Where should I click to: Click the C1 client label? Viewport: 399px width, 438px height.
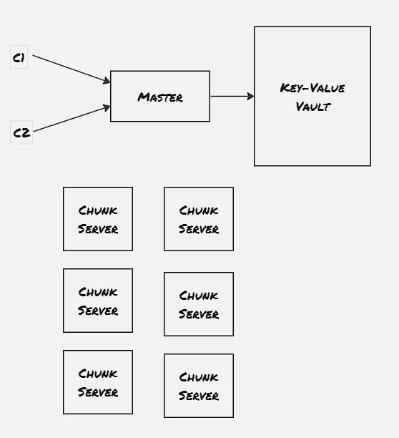[19, 57]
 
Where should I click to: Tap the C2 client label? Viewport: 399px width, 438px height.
[21, 132]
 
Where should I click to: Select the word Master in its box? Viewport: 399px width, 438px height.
[160, 97]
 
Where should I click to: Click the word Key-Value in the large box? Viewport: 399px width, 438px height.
[312, 88]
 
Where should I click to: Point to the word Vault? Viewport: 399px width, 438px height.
[313, 107]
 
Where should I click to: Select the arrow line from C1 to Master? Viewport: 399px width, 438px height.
[72, 69]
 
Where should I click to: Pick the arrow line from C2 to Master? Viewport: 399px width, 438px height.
[72, 119]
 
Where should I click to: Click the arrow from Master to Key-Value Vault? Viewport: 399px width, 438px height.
[232, 97]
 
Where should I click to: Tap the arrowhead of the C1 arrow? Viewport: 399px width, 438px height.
[107, 80]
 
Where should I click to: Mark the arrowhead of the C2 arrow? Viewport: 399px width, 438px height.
[107, 107]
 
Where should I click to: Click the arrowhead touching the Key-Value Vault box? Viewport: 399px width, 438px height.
[250, 97]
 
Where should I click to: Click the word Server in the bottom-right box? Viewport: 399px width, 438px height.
[199, 396]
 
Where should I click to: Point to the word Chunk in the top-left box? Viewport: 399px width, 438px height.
[98, 210]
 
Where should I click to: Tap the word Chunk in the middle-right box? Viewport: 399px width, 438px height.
[199, 296]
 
